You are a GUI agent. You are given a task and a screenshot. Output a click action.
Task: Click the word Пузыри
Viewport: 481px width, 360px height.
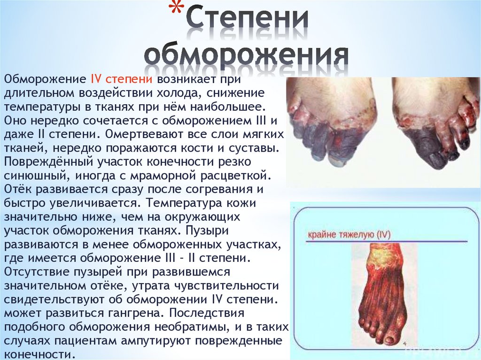pyautogui.click(x=207, y=230)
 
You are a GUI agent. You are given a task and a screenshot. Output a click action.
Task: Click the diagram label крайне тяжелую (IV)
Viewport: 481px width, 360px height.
pyautogui.click(x=349, y=235)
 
